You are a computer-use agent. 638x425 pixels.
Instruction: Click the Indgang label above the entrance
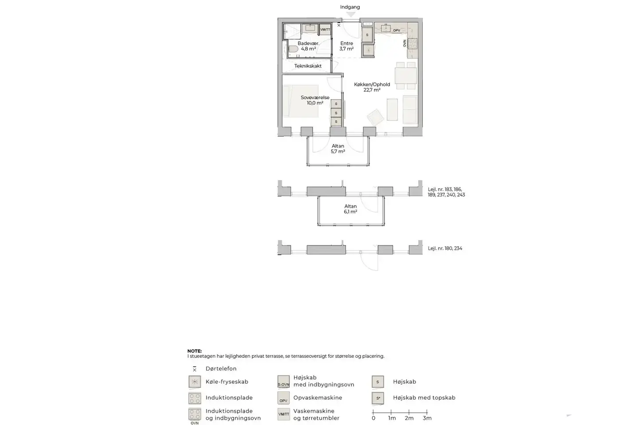tap(350, 7)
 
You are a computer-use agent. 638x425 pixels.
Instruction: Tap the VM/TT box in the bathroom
tap(325, 29)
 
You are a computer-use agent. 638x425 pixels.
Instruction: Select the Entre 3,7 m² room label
tap(346, 46)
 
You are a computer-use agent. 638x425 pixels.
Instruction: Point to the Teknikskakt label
tap(308, 66)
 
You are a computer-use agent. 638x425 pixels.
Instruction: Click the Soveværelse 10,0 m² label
tap(315, 100)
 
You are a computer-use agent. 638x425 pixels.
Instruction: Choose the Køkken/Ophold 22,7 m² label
tap(372, 87)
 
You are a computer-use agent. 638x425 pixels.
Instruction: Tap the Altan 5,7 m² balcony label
tap(338, 149)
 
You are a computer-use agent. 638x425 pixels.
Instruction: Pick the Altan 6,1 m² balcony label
tap(350, 209)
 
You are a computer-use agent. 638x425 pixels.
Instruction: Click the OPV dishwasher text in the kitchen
tap(397, 31)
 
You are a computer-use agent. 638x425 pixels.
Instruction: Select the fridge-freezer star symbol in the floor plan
tap(368, 50)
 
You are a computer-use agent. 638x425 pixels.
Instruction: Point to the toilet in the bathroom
tap(293, 49)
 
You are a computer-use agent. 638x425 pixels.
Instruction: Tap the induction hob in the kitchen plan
tap(412, 43)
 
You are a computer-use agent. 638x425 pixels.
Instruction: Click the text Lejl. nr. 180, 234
tap(445, 248)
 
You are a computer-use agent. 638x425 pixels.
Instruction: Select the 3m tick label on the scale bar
tap(427, 418)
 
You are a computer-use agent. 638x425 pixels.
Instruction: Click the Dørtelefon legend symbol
tap(195, 369)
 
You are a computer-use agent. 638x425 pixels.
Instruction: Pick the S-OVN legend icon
tap(284, 382)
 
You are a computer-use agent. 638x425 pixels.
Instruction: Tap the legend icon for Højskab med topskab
tap(378, 398)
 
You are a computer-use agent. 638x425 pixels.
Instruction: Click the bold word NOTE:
tap(195, 351)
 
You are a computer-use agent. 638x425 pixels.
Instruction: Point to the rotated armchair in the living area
tap(376, 117)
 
